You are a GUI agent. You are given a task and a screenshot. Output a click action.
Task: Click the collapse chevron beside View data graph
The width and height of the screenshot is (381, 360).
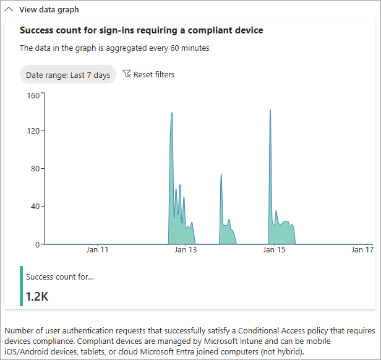click(x=10, y=10)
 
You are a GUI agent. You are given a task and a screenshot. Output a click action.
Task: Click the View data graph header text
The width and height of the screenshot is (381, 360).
click(x=49, y=10)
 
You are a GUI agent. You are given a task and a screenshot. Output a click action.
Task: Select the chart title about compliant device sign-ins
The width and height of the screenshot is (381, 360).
click(x=142, y=30)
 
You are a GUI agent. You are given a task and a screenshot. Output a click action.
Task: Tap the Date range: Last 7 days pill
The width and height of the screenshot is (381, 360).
click(x=68, y=75)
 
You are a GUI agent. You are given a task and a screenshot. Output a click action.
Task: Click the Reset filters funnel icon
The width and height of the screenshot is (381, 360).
click(x=127, y=74)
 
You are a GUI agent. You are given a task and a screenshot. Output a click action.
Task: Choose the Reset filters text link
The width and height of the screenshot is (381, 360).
click(x=154, y=75)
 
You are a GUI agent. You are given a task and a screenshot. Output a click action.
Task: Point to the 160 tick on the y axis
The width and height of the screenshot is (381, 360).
click(x=33, y=95)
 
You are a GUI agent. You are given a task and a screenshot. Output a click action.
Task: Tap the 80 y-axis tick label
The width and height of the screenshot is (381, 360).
click(x=35, y=168)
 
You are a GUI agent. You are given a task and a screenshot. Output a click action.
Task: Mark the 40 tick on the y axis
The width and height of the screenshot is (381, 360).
click(x=35, y=207)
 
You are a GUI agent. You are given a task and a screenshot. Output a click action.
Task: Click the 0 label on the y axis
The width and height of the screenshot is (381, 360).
click(x=36, y=244)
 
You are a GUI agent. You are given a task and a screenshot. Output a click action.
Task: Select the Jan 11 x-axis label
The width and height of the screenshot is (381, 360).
click(x=97, y=251)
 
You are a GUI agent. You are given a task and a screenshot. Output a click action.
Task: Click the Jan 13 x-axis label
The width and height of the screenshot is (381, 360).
click(x=186, y=251)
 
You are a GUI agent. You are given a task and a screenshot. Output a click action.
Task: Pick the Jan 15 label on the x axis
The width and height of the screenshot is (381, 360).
click(x=274, y=251)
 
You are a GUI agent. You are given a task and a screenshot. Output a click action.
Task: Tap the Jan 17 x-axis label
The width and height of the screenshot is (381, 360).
click(x=362, y=251)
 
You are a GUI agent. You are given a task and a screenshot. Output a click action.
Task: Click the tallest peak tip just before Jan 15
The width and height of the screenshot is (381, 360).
click(x=270, y=110)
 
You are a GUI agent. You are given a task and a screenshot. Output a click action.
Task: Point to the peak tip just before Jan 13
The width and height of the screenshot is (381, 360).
click(x=171, y=113)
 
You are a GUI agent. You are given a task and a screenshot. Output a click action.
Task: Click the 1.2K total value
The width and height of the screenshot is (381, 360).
click(x=37, y=296)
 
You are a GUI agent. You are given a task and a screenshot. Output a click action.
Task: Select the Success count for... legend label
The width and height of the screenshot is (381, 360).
click(x=60, y=276)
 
